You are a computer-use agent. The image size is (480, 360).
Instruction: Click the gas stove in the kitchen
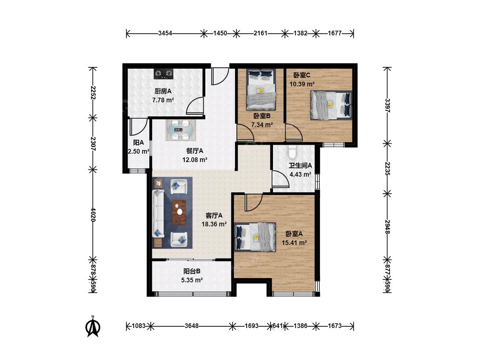click(x=163, y=73)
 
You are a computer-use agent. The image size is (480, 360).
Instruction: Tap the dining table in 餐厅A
click(x=180, y=130)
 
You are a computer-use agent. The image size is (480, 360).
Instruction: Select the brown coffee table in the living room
click(x=179, y=212)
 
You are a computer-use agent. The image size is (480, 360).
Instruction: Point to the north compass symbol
click(x=93, y=326)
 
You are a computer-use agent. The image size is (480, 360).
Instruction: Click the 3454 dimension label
click(x=165, y=33)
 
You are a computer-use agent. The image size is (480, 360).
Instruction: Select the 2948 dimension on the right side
click(x=387, y=227)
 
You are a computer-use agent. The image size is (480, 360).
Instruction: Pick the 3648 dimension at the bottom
click(x=191, y=326)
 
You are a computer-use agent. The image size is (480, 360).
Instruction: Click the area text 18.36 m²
click(x=214, y=224)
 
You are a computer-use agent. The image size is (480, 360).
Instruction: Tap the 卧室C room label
click(x=302, y=75)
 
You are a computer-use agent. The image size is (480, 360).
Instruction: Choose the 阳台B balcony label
click(x=192, y=271)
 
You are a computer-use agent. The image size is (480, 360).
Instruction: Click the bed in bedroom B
click(x=261, y=89)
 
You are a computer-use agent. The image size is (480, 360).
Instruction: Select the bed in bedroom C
click(x=331, y=105)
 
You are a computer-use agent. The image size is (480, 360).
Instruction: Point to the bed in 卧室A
click(x=255, y=237)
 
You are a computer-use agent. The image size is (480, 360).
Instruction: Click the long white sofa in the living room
click(x=158, y=214)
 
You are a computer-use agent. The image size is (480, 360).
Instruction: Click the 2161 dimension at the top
click(x=261, y=33)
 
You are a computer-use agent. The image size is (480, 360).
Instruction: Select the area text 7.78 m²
click(x=163, y=100)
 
